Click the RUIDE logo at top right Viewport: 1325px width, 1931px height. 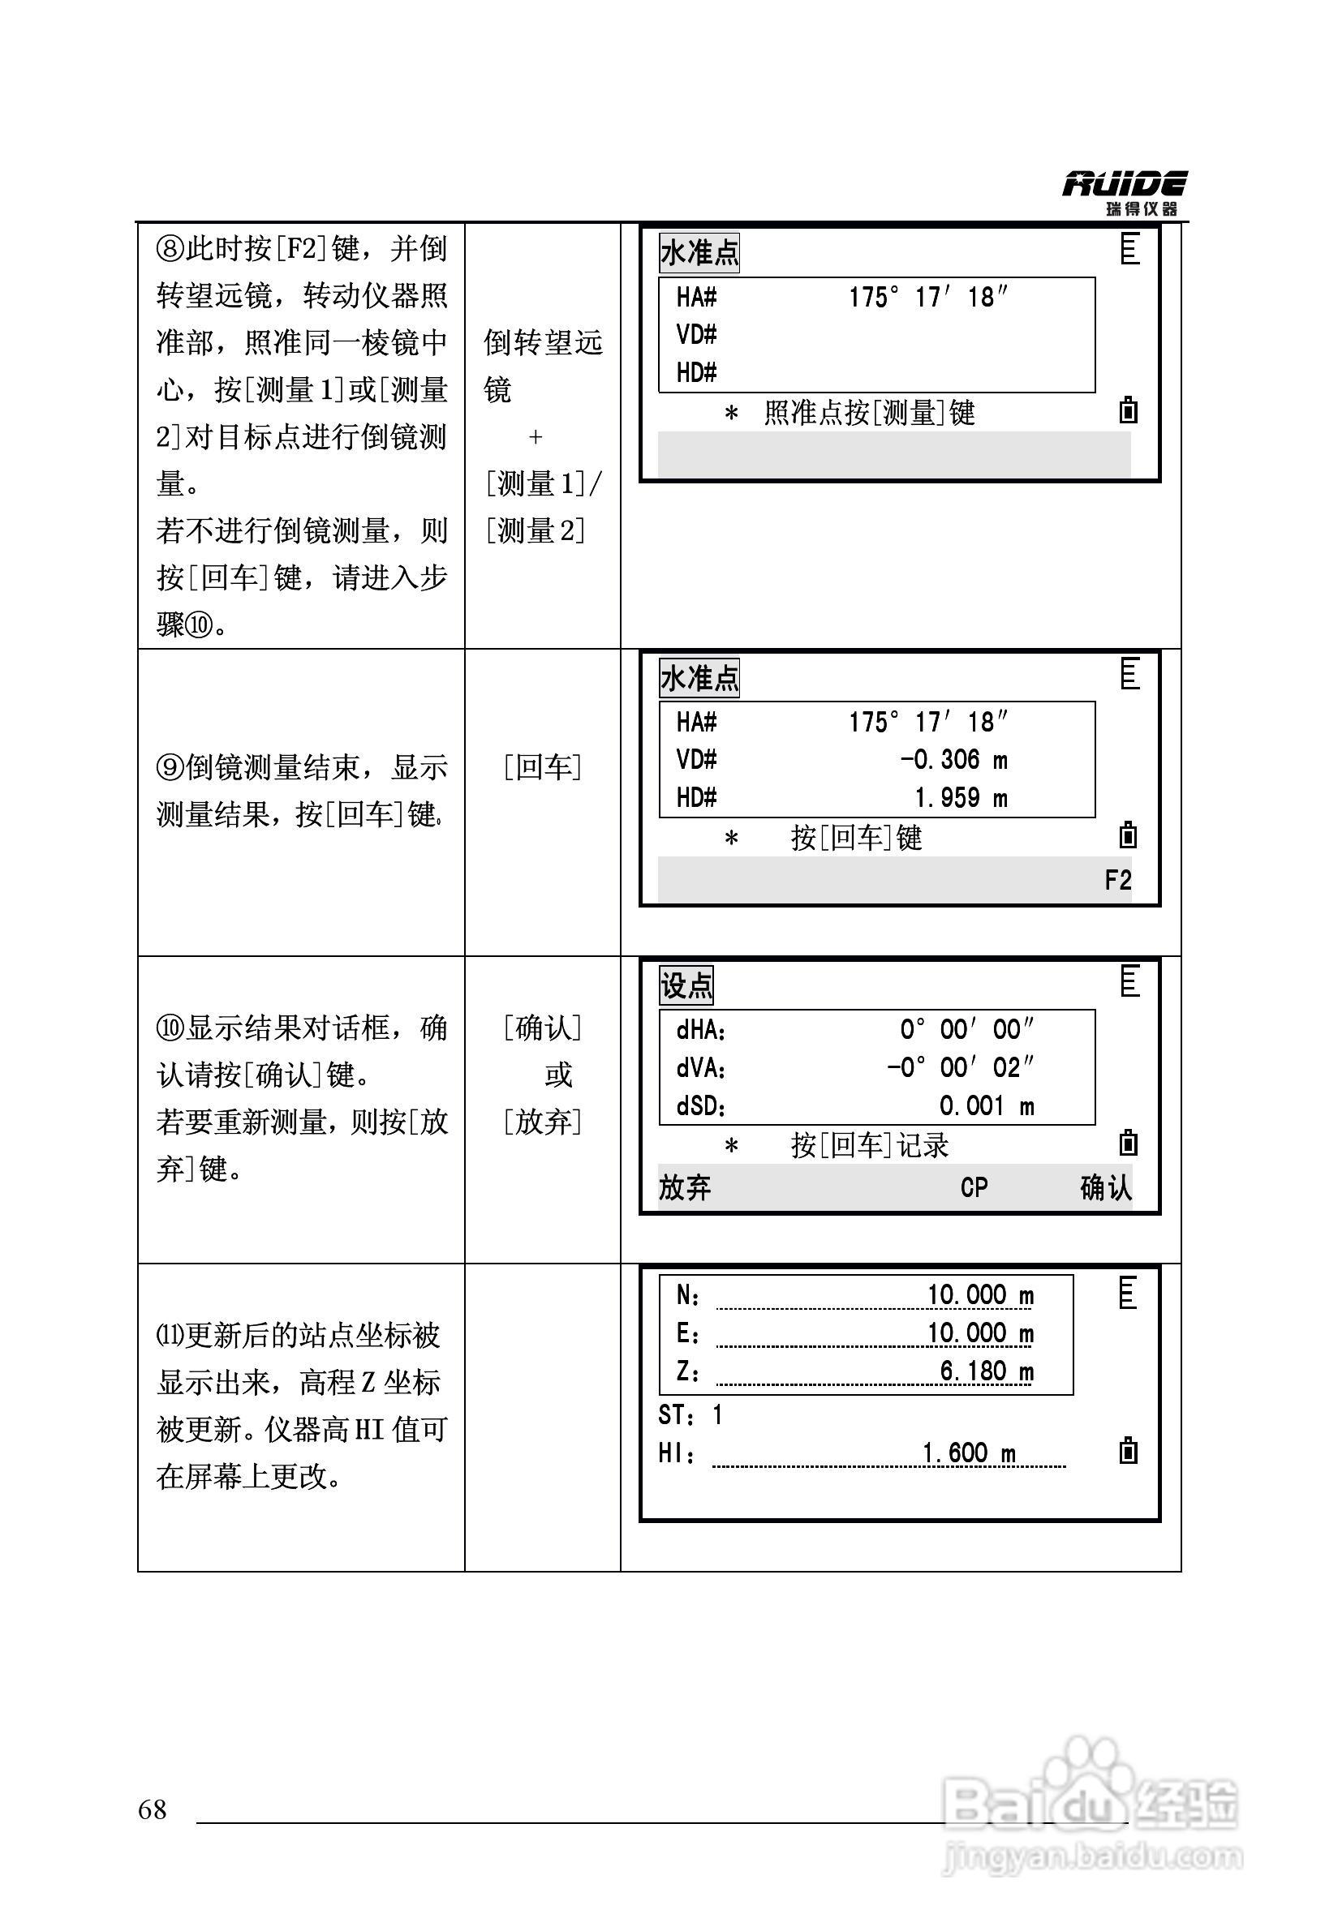coord(1124,192)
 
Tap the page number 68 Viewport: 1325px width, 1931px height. coord(153,1809)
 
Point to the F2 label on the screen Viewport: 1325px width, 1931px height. coord(1117,880)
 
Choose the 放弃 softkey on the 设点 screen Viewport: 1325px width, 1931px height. coord(685,1187)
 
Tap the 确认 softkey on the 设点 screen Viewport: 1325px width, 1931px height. coord(1105,1187)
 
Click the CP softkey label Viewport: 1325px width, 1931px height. coord(974,1187)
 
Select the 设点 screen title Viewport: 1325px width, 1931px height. coord(686,985)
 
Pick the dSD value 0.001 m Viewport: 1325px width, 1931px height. coord(986,1106)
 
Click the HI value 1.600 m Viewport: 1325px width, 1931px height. coord(969,1453)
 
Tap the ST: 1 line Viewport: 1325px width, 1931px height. coord(690,1414)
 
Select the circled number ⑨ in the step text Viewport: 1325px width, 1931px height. coord(170,767)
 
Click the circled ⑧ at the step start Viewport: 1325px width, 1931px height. coord(170,248)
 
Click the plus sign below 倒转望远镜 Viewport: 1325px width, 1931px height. coord(536,436)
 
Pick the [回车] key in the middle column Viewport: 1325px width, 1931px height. coord(543,767)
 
